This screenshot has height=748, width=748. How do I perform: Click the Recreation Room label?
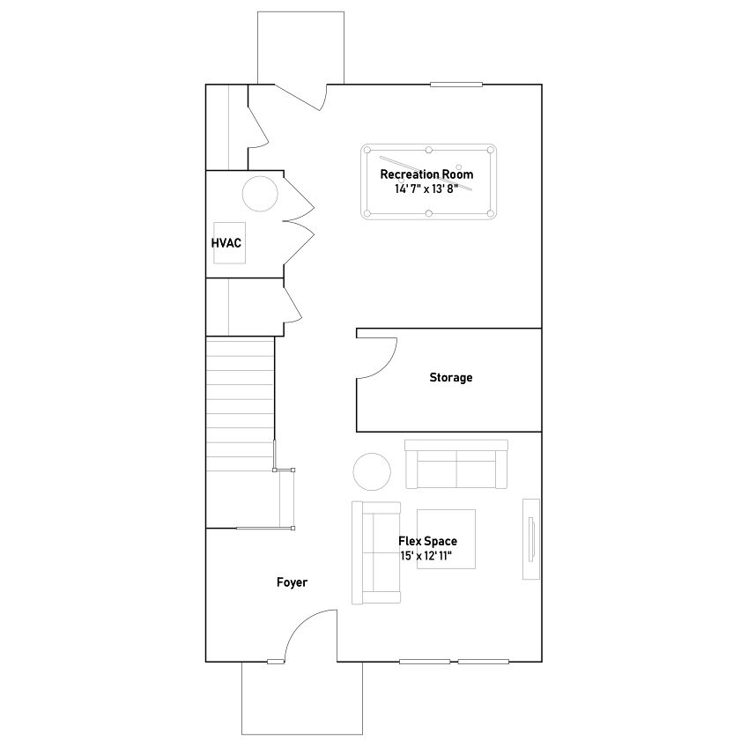(x=426, y=174)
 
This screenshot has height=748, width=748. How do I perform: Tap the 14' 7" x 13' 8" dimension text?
(x=426, y=189)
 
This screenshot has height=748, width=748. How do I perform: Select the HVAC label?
(x=226, y=243)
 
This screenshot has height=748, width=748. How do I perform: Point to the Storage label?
(x=451, y=377)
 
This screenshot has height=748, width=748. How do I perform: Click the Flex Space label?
(x=427, y=541)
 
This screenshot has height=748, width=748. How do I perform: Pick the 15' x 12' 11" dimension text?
(x=426, y=556)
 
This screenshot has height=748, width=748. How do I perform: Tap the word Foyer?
(x=292, y=582)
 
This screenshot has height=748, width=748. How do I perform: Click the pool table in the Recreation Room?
(x=428, y=181)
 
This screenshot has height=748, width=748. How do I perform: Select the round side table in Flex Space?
(x=372, y=471)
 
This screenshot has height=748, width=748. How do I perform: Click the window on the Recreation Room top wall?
(x=456, y=85)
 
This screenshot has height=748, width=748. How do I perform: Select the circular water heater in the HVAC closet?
(x=260, y=194)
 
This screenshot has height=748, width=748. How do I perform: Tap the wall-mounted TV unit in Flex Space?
(x=531, y=539)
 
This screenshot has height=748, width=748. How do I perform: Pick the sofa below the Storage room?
(x=456, y=464)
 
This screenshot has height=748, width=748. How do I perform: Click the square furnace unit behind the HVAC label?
(x=229, y=243)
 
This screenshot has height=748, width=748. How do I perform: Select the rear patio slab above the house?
(x=300, y=48)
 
